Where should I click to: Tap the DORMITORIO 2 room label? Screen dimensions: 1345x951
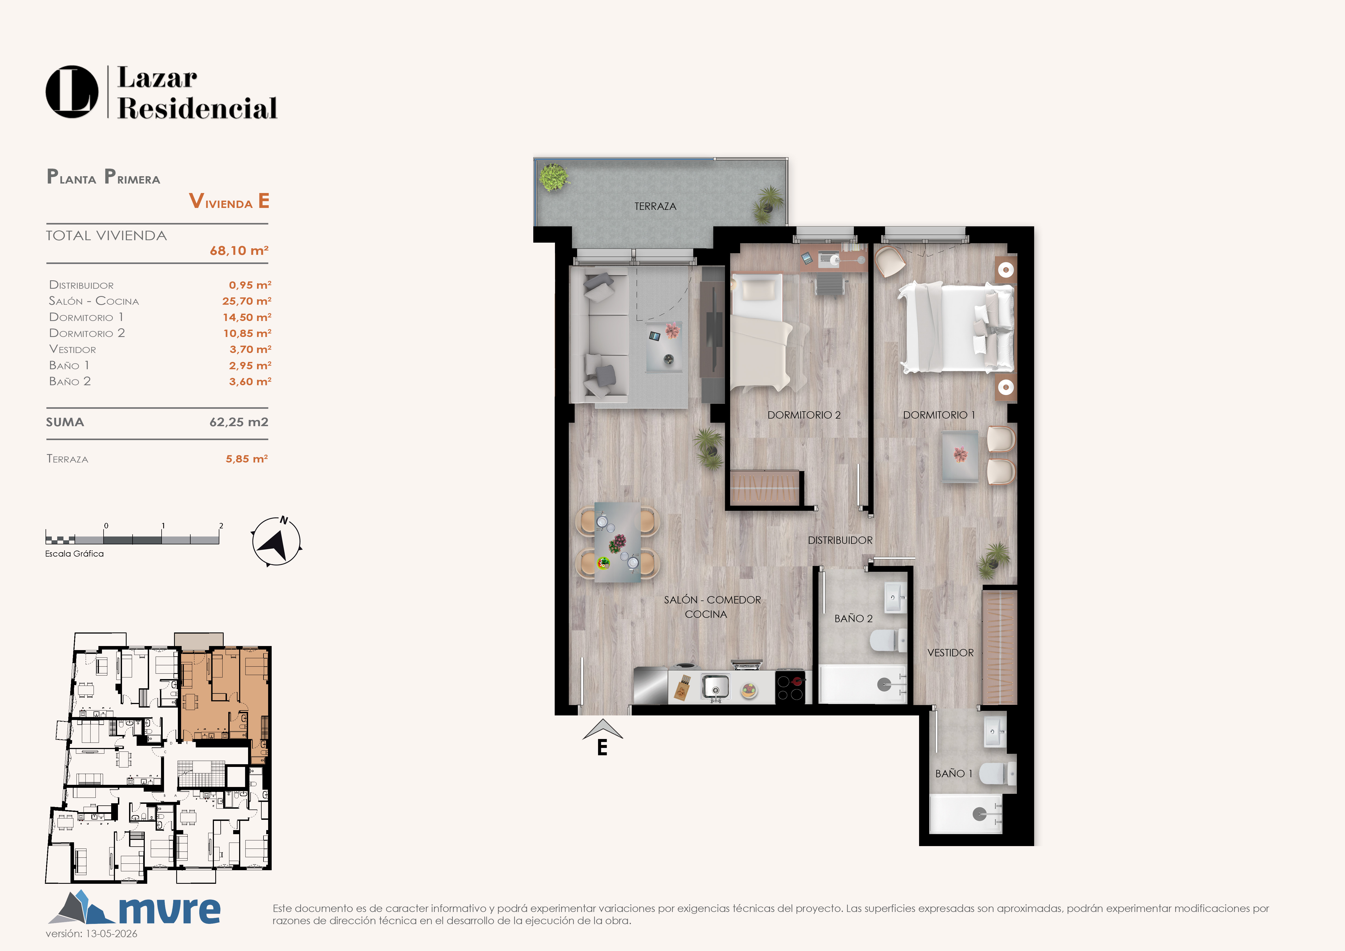pyautogui.click(x=804, y=415)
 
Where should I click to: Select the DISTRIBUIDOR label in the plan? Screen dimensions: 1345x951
pyautogui.click(x=840, y=540)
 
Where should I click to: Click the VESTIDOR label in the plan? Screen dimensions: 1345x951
pyautogui.click(x=950, y=652)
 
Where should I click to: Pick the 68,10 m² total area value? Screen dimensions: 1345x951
pyautogui.click(x=239, y=251)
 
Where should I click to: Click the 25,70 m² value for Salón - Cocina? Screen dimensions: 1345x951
pyautogui.click(x=247, y=301)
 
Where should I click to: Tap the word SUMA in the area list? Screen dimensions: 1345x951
pyautogui.click(x=65, y=422)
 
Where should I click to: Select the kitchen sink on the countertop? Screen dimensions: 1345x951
pyautogui.click(x=715, y=686)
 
